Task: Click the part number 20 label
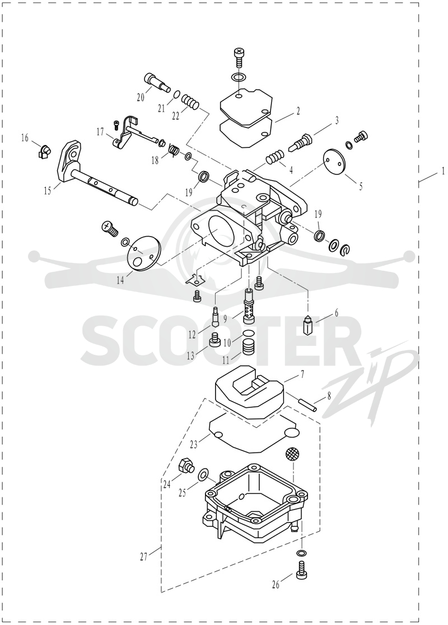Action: pos(140,98)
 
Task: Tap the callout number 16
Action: pos(25,138)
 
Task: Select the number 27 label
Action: pos(144,557)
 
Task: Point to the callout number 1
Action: pos(442,172)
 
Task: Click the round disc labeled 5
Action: pos(334,160)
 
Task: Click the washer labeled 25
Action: pos(203,474)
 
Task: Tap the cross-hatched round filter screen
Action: pos(292,453)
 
